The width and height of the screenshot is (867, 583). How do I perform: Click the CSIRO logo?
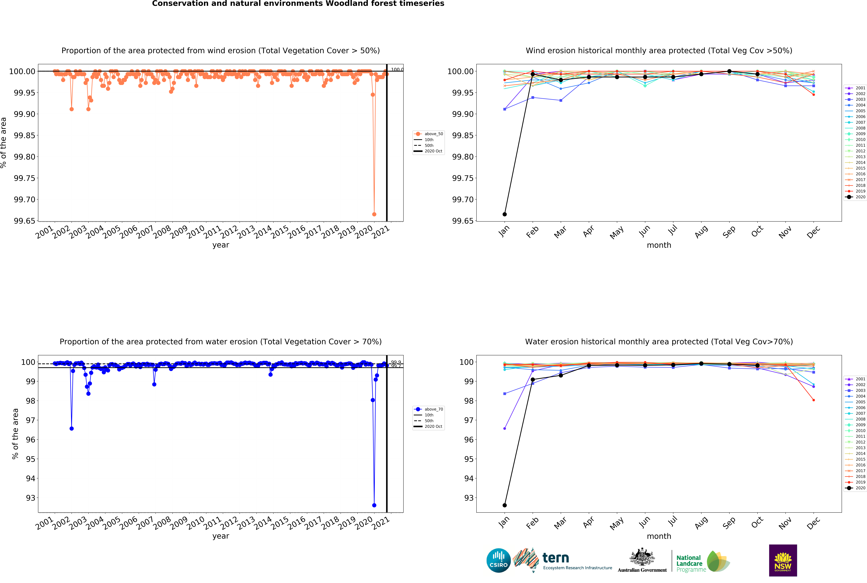click(x=498, y=560)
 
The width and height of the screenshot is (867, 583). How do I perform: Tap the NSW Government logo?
click(x=783, y=560)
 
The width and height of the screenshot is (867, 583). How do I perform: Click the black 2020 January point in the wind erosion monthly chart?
click(x=504, y=214)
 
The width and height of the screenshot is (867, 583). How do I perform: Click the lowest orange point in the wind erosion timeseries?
click(x=374, y=214)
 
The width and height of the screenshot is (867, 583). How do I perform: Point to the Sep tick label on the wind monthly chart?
click(x=729, y=232)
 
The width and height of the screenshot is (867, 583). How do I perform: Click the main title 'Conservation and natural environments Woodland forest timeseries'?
click(x=298, y=4)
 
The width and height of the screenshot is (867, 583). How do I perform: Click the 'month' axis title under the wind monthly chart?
click(x=659, y=245)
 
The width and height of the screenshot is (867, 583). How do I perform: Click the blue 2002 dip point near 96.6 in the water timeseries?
click(x=72, y=428)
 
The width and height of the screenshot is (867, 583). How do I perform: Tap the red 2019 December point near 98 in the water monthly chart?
click(x=813, y=400)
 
